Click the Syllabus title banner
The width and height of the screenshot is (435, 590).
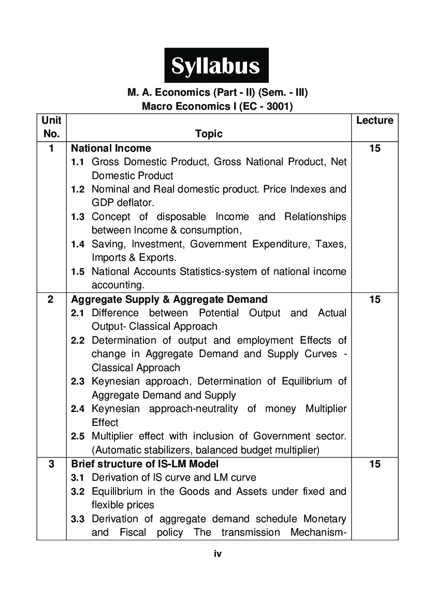(x=216, y=66)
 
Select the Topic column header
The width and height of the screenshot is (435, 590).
(x=209, y=134)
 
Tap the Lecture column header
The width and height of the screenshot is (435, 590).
(x=374, y=121)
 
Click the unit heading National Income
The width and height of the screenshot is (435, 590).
(x=111, y=149)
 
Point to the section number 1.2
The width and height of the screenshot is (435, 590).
(x=78, y=189)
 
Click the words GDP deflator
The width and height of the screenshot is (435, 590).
(x=123, y=202)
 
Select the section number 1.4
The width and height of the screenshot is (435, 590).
(x=78, y=244)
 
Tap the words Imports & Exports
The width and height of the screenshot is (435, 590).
(x=134, y=257)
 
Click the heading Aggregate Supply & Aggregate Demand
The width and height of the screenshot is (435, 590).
(x=169, y=300)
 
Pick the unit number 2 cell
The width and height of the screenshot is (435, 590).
(x=51, y=300)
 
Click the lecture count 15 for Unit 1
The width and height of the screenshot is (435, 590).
(x=374, y=149)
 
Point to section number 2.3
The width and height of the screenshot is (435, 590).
(x=78, y=382)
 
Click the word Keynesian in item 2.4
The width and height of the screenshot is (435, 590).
(x=117, y=409)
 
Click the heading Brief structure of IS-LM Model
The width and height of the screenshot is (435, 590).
(x=144, y=464)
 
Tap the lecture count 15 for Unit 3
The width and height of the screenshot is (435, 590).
(x=374, y=464)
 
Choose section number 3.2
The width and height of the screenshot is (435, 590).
(x=78, y=492)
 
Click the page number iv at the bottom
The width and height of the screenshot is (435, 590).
(x=218, y=554)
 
